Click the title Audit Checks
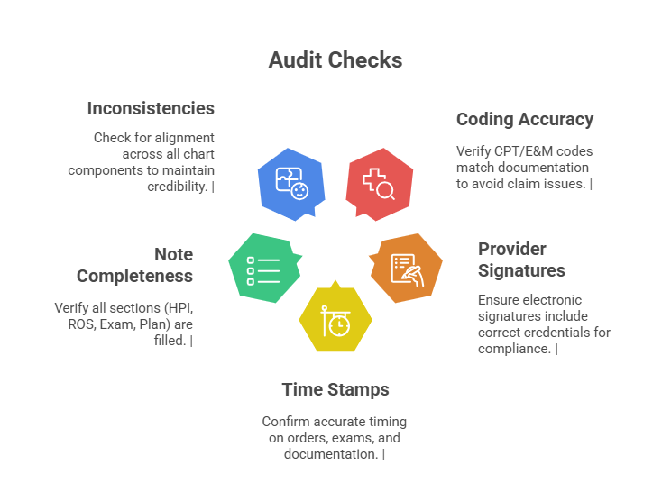pyautogui.click(x=335, y=60)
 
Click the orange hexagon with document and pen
pyautogui.click(x=407, y=268)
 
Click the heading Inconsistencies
pyautogui.click(x=151, y=108)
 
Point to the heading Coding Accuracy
pyautogui.click(x=525, y=119)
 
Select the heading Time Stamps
pyautogui.click(x=335, y=389)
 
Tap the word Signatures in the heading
pyautogui.click(x=521, y=270)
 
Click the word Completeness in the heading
pyautogui.click(x=135, y=276)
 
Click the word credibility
pyautogui.click(x=178, y=187)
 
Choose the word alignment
pyautogui.click(x=185, y=138)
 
